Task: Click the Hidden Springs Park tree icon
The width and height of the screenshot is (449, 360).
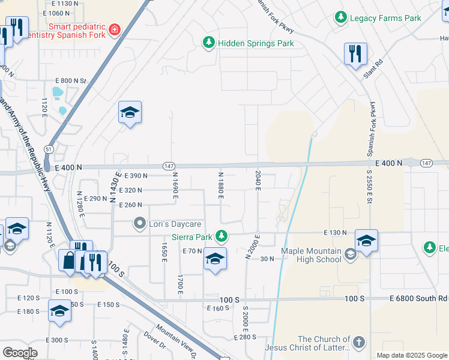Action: point(208,43)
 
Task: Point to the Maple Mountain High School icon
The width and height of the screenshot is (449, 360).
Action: point(350,255)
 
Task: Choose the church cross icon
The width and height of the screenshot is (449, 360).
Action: point(358,343)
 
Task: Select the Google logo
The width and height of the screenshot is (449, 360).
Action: point(20,353)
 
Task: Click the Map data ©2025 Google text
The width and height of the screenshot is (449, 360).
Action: point(411,355)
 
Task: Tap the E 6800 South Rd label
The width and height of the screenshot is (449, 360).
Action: point(418,298)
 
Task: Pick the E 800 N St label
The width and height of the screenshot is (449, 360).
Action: point(71,80)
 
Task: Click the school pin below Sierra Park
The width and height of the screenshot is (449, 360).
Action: point(215,259)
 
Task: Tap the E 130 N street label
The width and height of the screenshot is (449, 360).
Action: point(336,232)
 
